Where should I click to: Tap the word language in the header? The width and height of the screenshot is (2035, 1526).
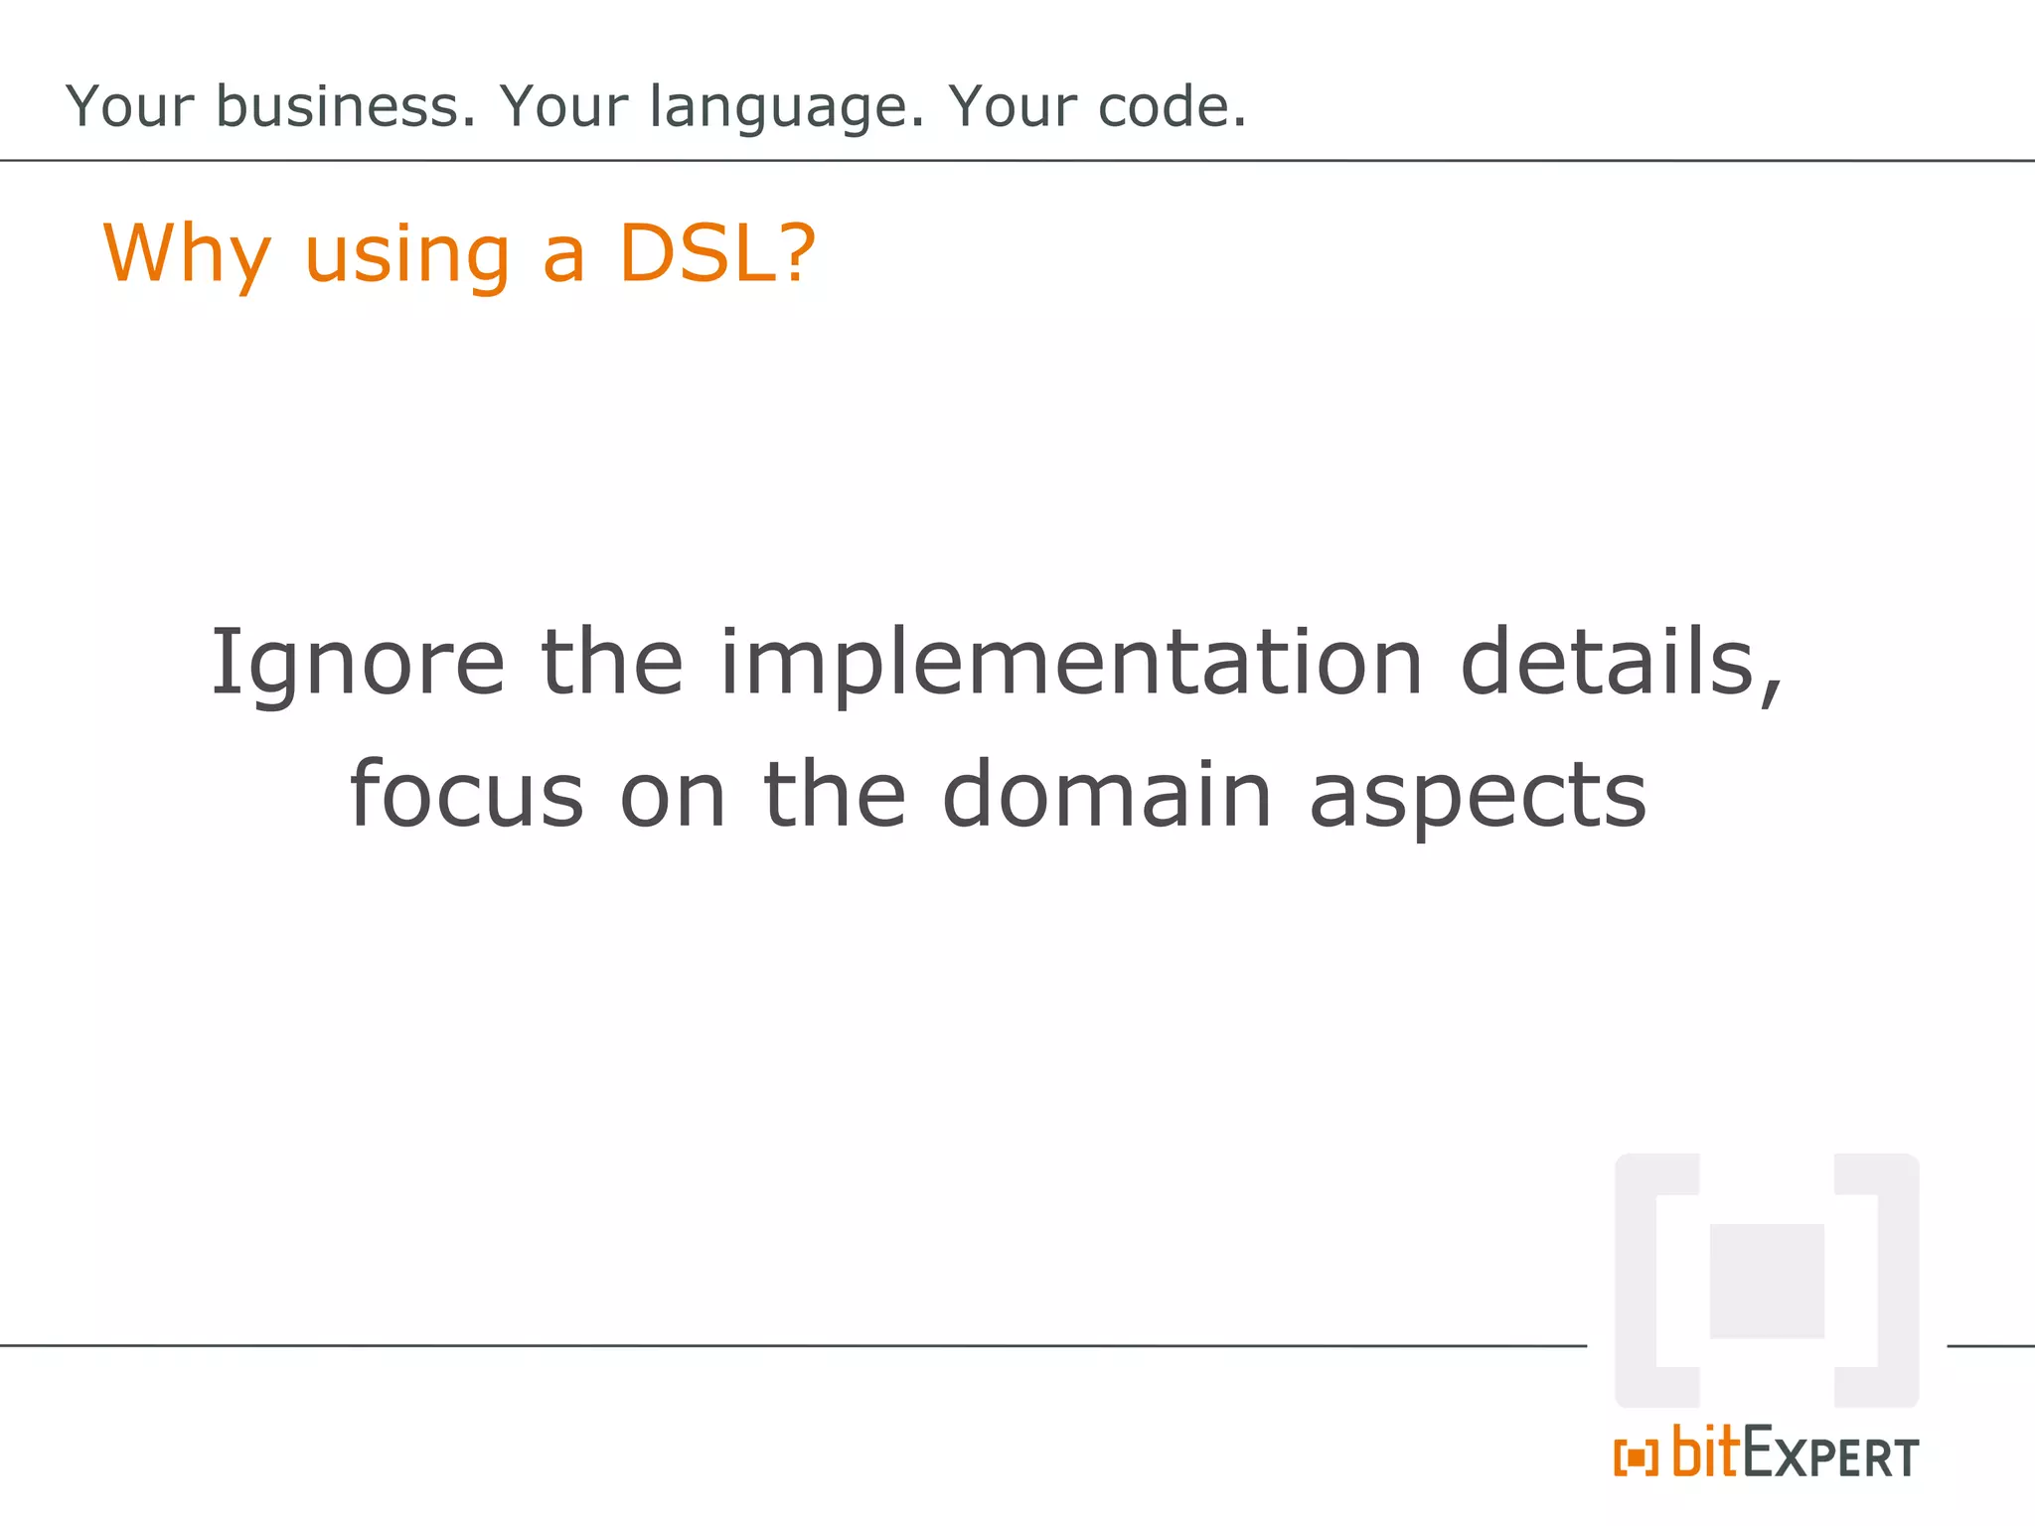786,108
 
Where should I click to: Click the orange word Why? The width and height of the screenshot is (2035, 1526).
187,254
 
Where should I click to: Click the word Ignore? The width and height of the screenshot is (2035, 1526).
358,664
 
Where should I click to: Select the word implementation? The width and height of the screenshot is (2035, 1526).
1071,664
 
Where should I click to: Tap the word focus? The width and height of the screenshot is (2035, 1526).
466,794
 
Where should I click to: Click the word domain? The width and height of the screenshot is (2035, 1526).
1106,794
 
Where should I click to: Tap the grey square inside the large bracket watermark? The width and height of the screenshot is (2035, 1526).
1766,1281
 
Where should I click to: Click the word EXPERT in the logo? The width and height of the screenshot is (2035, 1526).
1830,1456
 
